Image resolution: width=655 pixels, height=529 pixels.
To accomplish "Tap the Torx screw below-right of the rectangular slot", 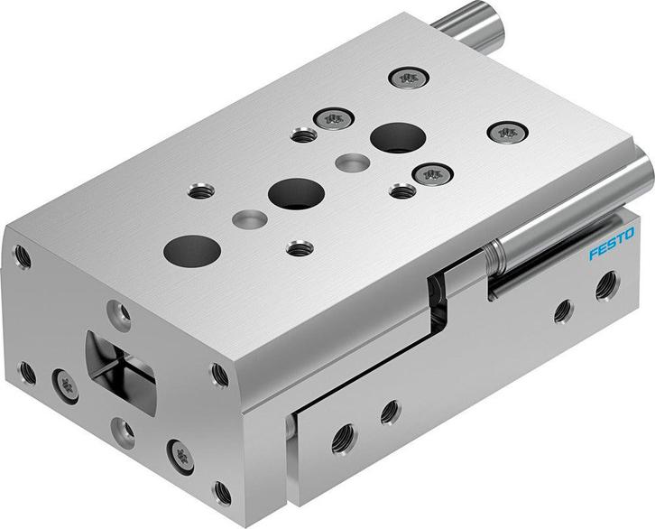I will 180,450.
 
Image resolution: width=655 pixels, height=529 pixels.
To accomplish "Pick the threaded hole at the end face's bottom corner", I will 223,495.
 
